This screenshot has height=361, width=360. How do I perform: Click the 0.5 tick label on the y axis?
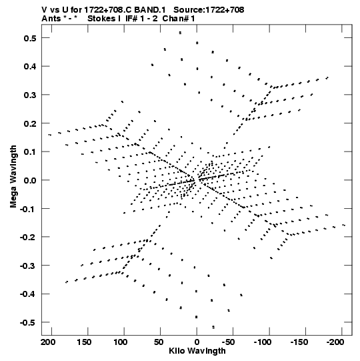30,38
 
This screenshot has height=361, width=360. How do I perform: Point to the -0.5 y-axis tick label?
28,323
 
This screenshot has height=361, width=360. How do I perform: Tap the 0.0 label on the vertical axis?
30,180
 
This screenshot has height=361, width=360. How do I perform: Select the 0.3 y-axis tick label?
30,95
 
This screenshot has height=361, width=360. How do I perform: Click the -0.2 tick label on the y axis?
28,238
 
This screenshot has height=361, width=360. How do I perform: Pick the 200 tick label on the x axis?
48,342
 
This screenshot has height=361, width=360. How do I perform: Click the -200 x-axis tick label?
335,342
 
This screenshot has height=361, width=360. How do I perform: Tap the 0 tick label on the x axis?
197,342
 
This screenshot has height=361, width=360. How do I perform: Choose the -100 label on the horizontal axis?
263,342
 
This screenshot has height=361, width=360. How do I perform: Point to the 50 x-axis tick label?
159,342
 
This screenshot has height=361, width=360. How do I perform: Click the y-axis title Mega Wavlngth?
13,177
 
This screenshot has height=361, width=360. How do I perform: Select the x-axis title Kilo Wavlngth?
197,351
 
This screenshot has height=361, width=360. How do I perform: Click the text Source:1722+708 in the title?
209,10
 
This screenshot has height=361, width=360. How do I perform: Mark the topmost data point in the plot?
181,33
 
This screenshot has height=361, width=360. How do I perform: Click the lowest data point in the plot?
213,327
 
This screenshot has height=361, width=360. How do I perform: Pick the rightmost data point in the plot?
344,225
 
